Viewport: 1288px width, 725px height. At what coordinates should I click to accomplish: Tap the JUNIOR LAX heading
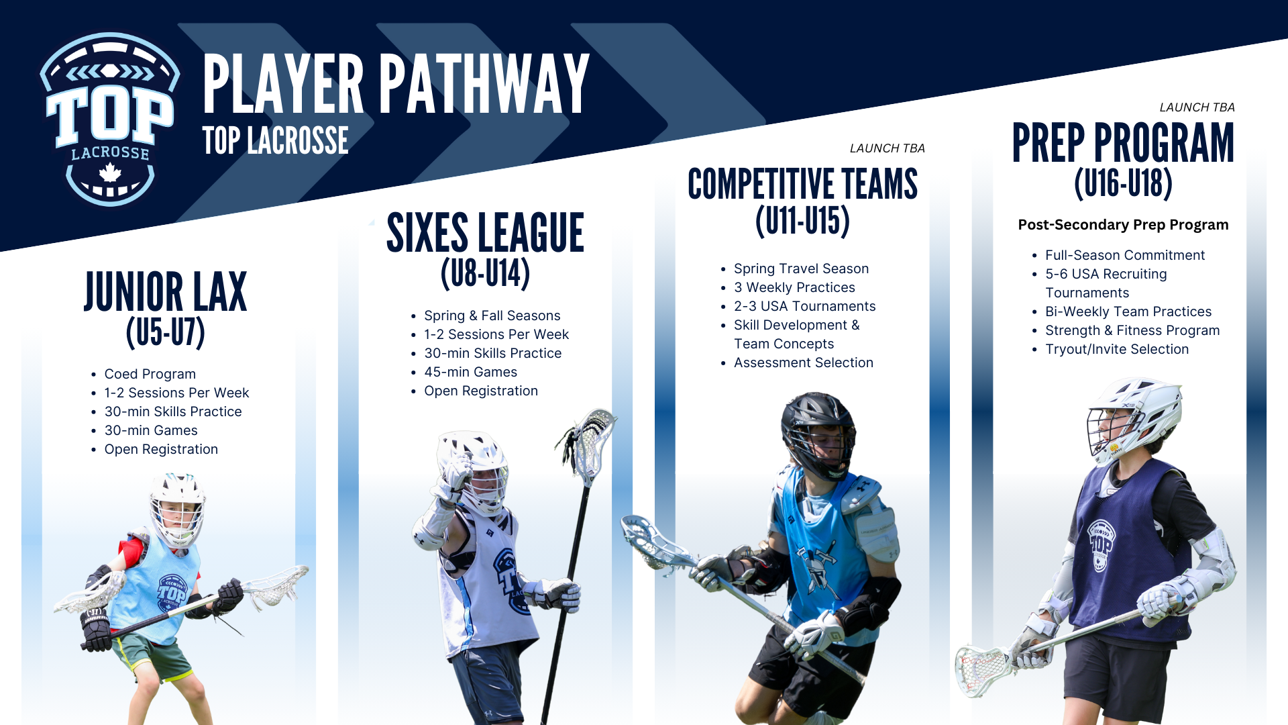[x=165, y=293]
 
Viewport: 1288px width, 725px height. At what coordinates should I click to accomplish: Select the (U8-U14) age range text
[x=485, y=274]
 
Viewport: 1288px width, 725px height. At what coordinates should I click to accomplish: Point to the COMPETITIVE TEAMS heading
[x=802, y=185]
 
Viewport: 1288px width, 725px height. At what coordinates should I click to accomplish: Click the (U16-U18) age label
[x=1123, y=183]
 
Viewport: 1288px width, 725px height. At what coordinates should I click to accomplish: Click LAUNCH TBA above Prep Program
[x=1197, y=107]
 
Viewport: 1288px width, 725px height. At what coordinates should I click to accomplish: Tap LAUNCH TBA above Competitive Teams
[x=887, y=148]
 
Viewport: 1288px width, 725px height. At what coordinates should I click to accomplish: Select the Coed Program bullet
[x=150, y=374]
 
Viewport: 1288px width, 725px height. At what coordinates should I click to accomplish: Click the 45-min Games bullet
[x=470, y=372]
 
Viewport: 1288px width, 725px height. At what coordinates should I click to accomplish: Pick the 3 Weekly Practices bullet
[x=794, y=287]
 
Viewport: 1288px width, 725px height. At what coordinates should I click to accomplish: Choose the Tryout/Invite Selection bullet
[x=1116, y=349]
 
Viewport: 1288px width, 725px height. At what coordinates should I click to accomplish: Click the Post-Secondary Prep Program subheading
[x=1123, y=225]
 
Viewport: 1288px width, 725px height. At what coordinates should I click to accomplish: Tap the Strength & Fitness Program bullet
[x=1132, y=330]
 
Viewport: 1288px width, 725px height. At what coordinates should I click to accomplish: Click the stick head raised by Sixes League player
[x=590, y=443]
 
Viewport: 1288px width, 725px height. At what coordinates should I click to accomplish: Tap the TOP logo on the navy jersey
[x=1100, y=544]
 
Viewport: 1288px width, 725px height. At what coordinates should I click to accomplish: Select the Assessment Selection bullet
[x=803, y=362]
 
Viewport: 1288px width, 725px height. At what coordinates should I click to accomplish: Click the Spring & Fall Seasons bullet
[x=492, y=316]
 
